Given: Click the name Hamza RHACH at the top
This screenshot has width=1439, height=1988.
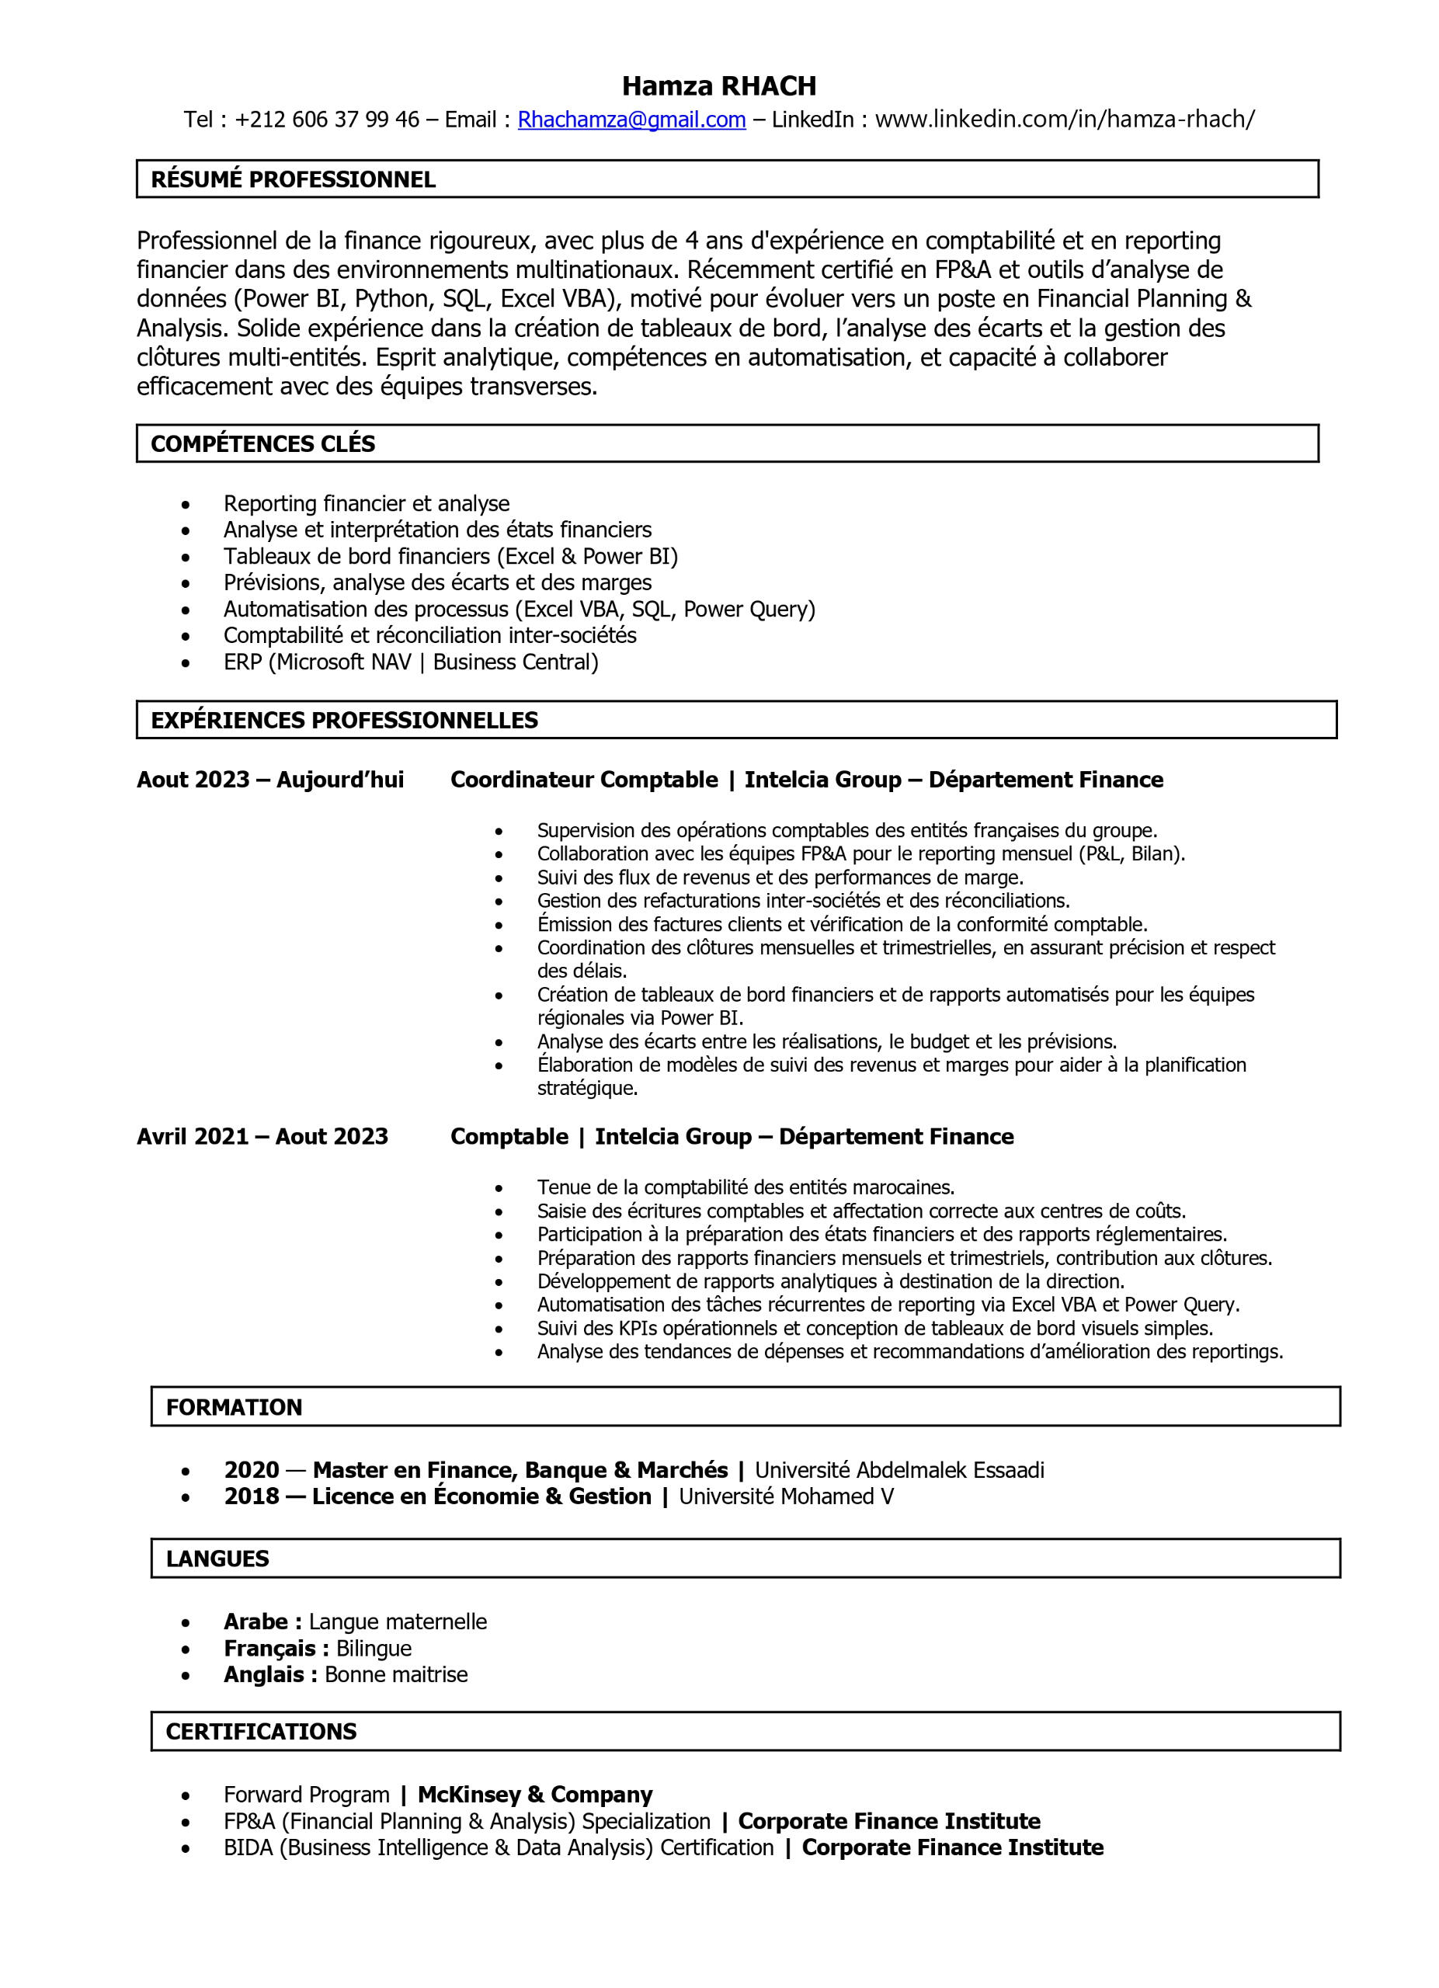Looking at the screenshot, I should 718,86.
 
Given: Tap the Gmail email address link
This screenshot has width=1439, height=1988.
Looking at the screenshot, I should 631,120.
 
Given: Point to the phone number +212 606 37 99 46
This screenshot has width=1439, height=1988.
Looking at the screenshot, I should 327,120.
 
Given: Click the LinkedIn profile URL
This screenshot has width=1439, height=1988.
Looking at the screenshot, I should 1064,120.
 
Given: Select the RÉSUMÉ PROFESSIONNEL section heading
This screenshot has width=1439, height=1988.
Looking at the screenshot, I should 293,179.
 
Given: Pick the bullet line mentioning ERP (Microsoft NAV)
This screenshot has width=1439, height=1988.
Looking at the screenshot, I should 410,662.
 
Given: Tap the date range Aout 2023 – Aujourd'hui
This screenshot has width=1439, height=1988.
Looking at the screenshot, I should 270,780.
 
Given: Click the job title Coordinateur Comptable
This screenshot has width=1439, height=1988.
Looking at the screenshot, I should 584,780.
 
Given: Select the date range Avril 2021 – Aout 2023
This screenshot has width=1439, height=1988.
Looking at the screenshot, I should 262,1137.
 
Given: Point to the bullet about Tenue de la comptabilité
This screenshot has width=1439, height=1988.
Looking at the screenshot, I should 745,1187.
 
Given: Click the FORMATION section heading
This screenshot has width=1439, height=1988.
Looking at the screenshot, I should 234,1408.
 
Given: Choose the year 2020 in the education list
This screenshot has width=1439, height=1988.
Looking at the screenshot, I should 252,1470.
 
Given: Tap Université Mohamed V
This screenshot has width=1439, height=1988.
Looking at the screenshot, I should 786,1496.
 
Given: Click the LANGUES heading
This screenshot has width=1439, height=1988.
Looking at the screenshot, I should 217,1559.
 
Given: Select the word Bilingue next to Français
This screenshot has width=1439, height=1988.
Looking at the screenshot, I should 374,1649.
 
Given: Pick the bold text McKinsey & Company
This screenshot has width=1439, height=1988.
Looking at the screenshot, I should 534,1795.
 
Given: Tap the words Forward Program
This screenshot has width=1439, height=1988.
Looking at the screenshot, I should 306,1795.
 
